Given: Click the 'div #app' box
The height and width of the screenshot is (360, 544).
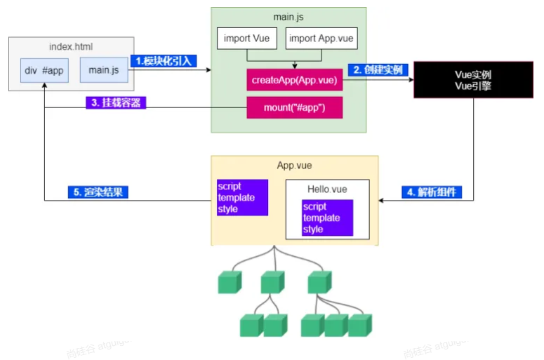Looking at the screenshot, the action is (44, 70).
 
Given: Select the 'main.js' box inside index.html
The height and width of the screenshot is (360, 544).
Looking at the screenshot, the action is (104, 70).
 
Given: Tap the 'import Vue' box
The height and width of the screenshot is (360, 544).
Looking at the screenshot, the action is (246, 38).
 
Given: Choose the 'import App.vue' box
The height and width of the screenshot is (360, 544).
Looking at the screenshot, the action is (321, 38).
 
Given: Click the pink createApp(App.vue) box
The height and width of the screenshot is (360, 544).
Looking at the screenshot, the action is (295, 80).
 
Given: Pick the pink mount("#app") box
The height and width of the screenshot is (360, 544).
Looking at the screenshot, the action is (295, 107).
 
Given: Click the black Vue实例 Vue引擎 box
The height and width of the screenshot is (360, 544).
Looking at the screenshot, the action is (473, 80).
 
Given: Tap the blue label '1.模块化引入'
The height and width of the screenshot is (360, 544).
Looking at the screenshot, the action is (164, 61).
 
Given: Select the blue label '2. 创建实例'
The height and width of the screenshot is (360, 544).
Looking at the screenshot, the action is (378, 69).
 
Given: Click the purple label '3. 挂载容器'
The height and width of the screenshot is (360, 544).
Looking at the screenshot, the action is (116, 102).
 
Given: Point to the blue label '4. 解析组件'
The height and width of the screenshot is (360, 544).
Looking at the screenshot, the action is (432, 192).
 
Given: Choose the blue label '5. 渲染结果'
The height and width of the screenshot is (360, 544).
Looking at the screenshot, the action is (98, 192).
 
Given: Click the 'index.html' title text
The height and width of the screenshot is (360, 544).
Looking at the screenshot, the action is (71, 46).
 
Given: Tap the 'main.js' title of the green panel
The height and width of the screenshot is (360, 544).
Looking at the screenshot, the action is (288, 17).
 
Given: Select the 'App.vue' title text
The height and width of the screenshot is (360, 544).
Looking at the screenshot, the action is (294, 166).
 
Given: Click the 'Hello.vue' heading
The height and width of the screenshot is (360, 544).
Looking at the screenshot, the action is (327, 189).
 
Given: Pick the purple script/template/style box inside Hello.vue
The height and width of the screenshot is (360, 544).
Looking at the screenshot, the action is (327, 218).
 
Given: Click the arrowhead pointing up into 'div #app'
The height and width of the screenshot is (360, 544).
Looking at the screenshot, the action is (44, 85).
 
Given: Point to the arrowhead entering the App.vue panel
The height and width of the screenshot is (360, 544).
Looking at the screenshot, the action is (381, 201).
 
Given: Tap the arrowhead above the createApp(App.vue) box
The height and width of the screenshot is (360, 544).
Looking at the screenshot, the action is (295, 66).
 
